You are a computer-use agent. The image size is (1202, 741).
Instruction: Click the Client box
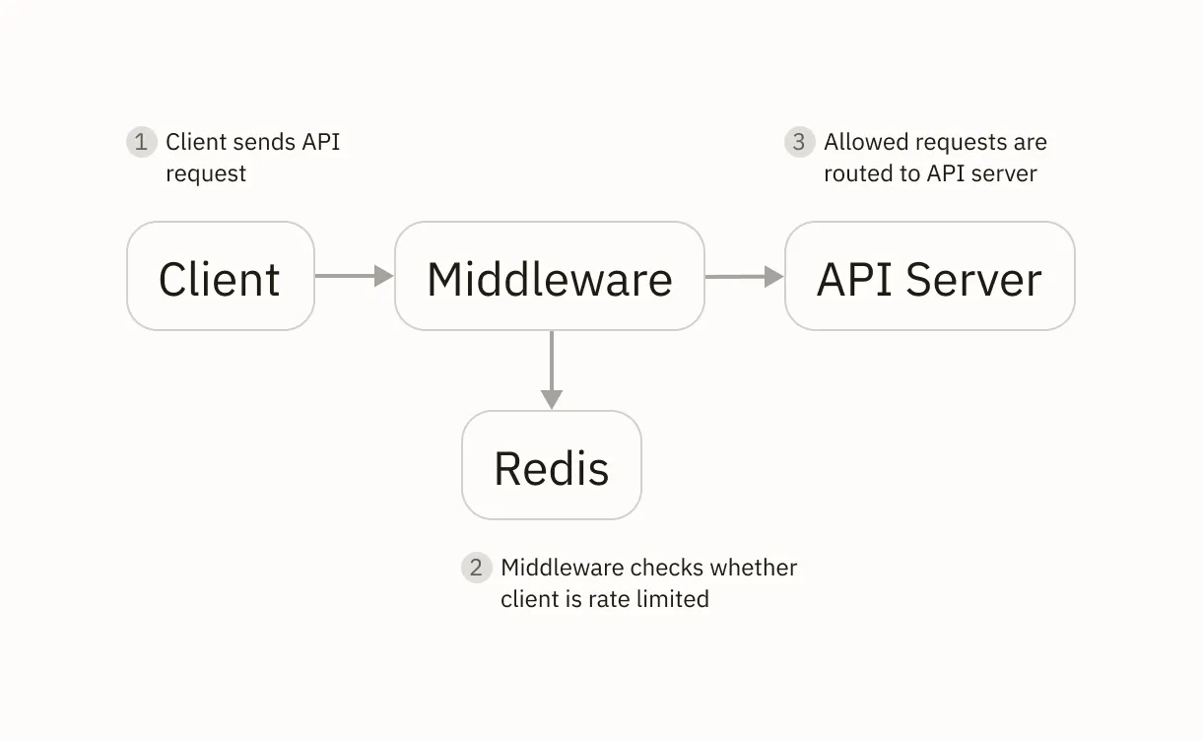point(220,277)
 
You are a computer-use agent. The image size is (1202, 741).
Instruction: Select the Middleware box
point(549,277)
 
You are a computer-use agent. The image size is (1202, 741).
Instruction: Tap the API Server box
point(929,277)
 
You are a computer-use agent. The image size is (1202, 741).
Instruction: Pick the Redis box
point(551,466)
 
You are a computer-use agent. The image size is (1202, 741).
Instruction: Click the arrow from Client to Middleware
point(354,277)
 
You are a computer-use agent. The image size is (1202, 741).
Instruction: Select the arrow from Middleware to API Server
point(744,277)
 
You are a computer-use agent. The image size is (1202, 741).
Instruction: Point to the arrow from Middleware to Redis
point(552,370)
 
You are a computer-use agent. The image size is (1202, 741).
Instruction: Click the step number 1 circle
point(141,142)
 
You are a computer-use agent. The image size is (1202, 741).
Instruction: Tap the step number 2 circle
point(476,568)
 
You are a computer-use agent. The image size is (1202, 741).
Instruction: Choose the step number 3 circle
point(799,142)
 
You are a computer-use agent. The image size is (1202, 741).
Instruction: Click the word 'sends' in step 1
point(262,142)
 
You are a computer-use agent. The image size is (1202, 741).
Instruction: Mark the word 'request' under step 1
point(206,173)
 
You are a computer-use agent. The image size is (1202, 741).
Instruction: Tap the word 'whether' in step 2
point(754,568)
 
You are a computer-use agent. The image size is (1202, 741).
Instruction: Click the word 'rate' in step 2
point(613,599)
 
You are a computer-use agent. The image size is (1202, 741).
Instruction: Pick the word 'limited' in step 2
point(673,599)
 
